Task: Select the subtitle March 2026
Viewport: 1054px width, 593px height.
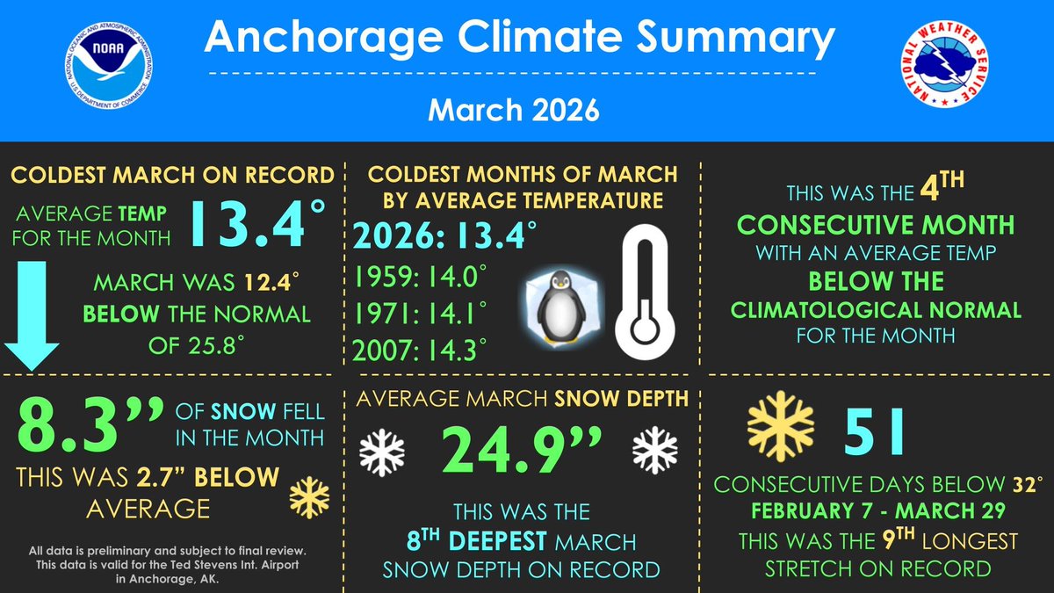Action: pyautogui.click(x=513, y=112)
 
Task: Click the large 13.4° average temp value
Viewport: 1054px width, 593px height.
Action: pyautogui.click(x=249, y=226)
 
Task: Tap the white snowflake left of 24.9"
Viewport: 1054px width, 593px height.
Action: pyautogui.click(x=383, y=450)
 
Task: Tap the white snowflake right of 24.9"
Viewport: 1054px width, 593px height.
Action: pyautogui.click(x=654, y=449)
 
